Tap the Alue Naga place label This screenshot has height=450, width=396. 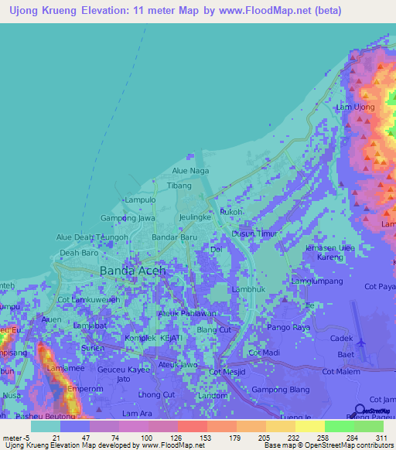click(x=190, y=170)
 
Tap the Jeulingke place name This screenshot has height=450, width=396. click(x=196, y=219)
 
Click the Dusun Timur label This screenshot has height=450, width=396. click(x=254, y=233)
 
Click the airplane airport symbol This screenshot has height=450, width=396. click(x=360, y=339)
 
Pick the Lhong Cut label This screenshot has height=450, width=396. click(x=155, y=395)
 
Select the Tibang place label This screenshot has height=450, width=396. click(x=179, y=186)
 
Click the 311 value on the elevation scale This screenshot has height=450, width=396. click(x=380, y=438)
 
